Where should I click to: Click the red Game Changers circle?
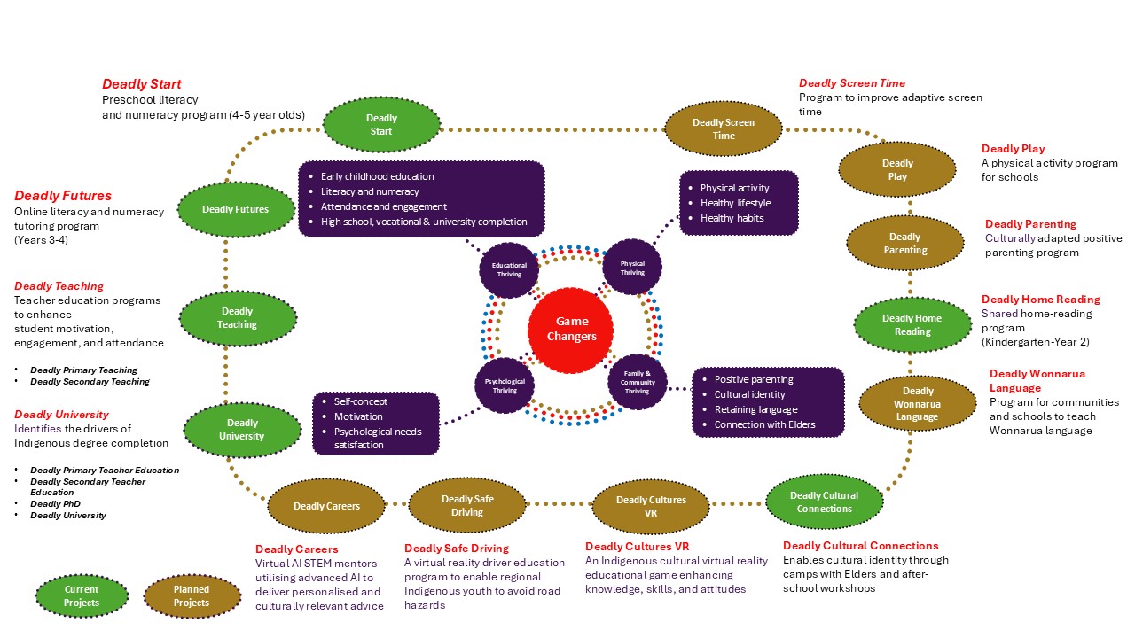[571, 329]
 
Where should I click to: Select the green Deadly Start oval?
[381, 125]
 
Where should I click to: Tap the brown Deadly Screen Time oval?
[724, 129]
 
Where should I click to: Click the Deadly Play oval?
[896, 170]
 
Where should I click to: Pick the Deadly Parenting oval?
[904, 244]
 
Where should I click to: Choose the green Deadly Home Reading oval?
[912, 324]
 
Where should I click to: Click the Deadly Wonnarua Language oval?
[918, 404]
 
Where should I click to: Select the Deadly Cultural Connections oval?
[824, 502]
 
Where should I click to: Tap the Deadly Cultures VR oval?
[651, 506]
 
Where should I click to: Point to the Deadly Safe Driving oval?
[467, 506]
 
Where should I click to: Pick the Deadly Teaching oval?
[237, 318]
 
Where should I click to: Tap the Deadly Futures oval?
[235, 210]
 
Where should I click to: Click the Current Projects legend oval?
[82, 596]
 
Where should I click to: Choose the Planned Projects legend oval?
[192, 596]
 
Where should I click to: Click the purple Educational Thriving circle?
[509, 269]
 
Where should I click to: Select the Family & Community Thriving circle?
[637, 382]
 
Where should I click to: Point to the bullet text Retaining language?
[755, 409]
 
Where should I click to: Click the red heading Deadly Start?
[142, 84]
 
